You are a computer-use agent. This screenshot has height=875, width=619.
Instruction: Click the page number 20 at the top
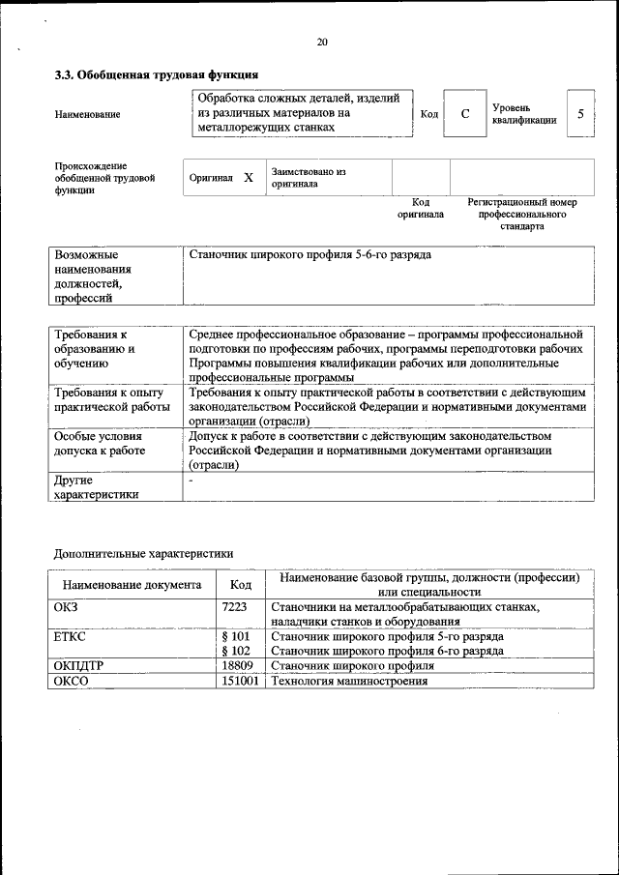click(322, 42)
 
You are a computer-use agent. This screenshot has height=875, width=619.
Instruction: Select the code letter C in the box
click(465, 114)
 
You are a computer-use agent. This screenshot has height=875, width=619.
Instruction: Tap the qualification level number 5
click(580, 114)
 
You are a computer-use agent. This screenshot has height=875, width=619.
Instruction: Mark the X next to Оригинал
click(248, 178)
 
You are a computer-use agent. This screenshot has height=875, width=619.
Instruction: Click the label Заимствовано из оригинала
click(308, 177)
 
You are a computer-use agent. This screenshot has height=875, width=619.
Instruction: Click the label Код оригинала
click(421, 208)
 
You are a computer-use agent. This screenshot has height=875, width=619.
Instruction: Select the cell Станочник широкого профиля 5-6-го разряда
click(309, 255)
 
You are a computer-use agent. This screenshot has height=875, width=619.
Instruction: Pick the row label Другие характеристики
click(96, 486)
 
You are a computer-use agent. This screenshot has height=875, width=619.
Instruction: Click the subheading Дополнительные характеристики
click(143, 553)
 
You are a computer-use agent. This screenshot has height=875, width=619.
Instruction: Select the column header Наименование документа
click(132, 585)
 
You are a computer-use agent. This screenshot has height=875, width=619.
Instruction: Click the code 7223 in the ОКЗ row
click(234, 606)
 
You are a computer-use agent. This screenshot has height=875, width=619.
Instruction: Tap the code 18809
click(237, 666)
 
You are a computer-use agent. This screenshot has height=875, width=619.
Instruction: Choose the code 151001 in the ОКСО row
click(240, 681)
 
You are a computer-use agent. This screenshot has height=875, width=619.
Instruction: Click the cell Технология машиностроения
click(349, 681)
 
